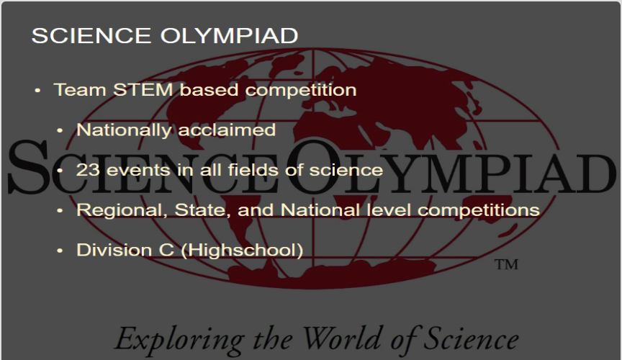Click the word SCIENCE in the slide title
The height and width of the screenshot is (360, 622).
pyautogui.click(x=91, y=36)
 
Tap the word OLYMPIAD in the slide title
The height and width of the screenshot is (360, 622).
pyautogui.click(x=229, y=36)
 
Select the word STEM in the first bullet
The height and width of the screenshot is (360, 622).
pyautogui.click(x=143, y=90)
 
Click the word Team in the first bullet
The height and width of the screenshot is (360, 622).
pyautogui.click(x=80, y=90)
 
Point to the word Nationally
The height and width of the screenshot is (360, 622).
pyautogui.click(x=124, y=130)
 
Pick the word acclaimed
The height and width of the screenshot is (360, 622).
pyautogui.click(x=227, y=130)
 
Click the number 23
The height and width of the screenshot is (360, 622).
pyautogui.click(x=88, y=170)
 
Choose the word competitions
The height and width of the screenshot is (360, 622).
pyautogui.click(x=479, y=210)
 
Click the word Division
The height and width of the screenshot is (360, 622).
pyautogui.click(x=114, y=250)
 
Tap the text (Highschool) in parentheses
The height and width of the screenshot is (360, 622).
pyautogui.click(x=242, y=251)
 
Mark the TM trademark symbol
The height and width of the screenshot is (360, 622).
pyautogui.click(x=506, y=264)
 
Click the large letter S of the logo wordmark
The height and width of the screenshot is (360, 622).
pyautogui.click(x=29, y=167)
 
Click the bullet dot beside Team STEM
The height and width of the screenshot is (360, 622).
pyautogui.click(x=37, y=91)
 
